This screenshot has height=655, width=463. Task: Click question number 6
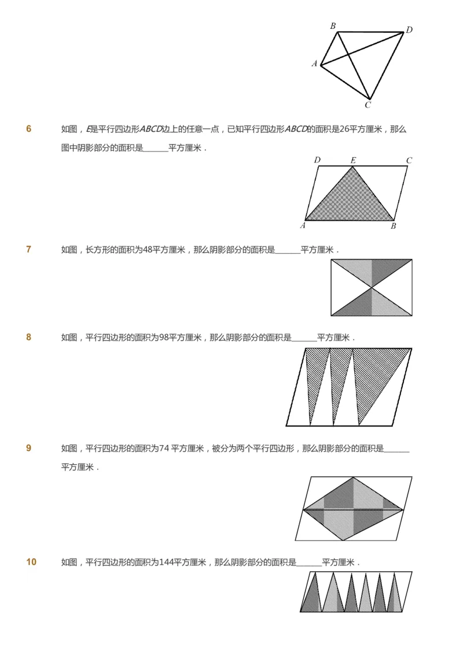29,129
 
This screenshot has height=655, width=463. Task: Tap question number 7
29,250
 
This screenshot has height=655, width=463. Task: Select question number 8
29,338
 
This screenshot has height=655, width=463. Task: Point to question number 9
29,448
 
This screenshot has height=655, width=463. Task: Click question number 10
31,562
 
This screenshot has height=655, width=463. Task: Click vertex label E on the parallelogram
353,160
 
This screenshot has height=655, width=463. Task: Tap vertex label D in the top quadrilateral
409,30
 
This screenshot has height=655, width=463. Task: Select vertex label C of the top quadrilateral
368,105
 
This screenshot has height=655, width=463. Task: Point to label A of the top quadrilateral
315,64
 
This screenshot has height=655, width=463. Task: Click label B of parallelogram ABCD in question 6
394,226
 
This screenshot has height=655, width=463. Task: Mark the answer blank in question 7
288,250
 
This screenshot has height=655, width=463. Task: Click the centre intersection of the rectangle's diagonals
372,287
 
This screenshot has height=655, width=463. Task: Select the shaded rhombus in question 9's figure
352,509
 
